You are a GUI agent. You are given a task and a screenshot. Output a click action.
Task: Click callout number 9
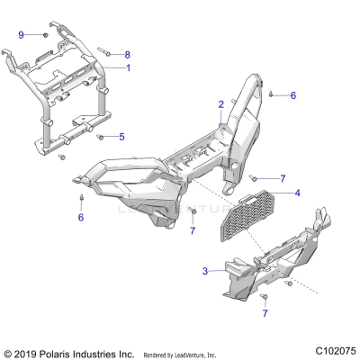[21, 33]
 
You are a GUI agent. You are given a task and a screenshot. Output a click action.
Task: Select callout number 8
[127, 55]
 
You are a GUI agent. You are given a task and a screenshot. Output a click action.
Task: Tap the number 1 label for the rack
[127, 68]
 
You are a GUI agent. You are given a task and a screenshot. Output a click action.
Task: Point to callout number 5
[123, 137]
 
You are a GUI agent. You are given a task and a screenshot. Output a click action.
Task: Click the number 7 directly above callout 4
[282, 179]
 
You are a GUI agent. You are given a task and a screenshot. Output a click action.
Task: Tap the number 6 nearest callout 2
[292, 94]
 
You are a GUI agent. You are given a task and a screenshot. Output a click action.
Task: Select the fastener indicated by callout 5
[101, 137]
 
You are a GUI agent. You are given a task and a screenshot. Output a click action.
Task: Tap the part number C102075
[329, 350]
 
